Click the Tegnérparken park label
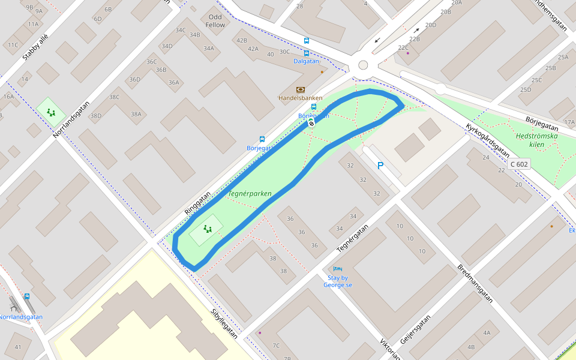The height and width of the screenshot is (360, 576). click(250, 194)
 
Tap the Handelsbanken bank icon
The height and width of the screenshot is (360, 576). click(301, 89)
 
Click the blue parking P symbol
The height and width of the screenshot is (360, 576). click(380, 166)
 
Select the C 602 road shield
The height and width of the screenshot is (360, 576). click(519, 164)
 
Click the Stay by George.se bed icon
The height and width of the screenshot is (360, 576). click(337, 269)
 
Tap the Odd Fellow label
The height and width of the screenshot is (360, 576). click(215, 21)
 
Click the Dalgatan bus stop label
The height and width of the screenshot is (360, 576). click(306, 61)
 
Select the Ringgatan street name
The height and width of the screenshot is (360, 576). click(197, 203)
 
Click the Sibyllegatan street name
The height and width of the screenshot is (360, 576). click(224, 324)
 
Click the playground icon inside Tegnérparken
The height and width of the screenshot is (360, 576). click(208, 229)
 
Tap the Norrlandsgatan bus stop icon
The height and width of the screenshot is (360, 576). click(27, 296)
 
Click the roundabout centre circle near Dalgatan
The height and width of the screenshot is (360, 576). click(362, 65)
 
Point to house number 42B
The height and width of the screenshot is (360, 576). click(242, 40)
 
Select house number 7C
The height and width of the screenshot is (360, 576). click(276, 346)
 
